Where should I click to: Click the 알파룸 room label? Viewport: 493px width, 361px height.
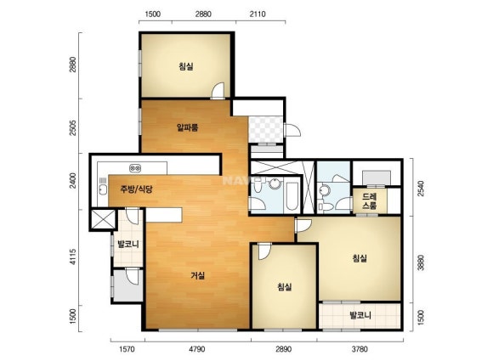(x=187, y=127)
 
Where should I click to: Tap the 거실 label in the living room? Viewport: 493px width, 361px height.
(x=198, y=275)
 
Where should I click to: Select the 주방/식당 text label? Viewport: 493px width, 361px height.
(x=136, y=189)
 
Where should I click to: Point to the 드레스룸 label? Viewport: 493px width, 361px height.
(x=370, y=201)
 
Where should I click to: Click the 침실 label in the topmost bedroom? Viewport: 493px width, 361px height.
(x=186, y=66)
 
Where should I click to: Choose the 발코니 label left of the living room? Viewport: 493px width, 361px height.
(x=128, y=244)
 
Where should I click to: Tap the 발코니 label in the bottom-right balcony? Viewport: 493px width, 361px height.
(x=360, y=315)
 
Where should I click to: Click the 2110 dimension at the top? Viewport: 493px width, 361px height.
(x=258, y=14)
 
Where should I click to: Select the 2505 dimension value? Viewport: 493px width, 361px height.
(x=73, y=127)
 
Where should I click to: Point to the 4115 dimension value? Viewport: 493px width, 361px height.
(x=73, y=257)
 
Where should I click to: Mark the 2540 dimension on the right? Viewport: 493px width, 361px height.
(x=421, y=189)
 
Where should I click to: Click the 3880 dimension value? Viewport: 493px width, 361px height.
(x=421, y=262)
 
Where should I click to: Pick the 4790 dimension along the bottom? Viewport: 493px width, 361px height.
(x=197, y=349)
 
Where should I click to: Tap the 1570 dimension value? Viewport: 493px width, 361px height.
(x=127, y=349)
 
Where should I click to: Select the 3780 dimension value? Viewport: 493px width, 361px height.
(x=360, y=349)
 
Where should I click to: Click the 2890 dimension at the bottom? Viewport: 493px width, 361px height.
(x=283, y=349)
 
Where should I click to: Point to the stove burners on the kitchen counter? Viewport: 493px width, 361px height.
(x=135, y=168)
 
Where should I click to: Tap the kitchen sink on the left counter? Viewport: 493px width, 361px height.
(x=103, y=189)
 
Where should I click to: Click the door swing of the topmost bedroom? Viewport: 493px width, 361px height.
(x=218, y=91)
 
